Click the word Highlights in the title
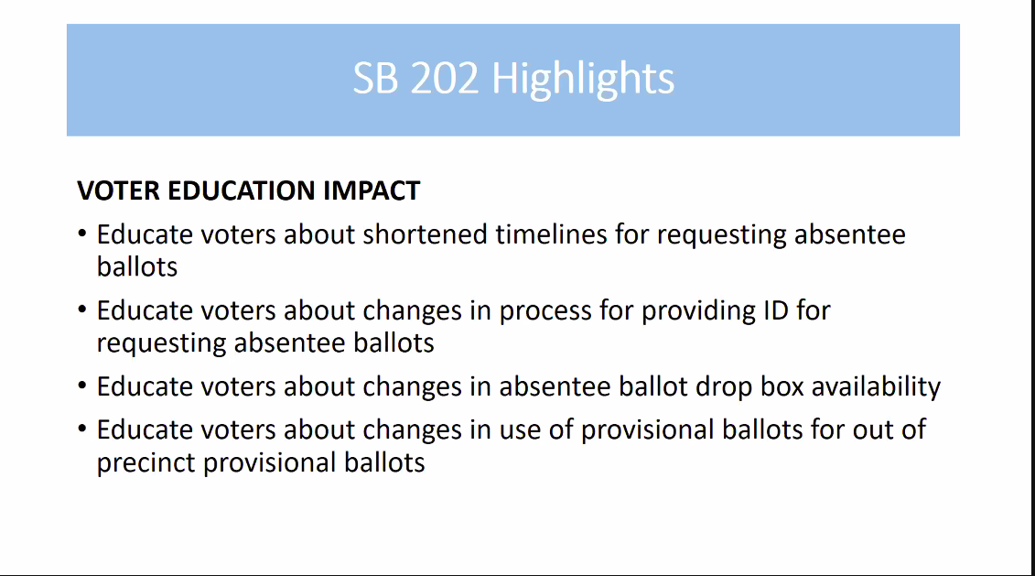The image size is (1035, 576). pyautogui.click(x=583, y=80)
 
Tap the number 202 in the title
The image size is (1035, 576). pyautogui.click(x=444, y=78)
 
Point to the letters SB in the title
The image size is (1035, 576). pyautogui.click(x=376, y=78)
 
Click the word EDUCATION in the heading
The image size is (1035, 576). pyautogui.click(x=242, y=190)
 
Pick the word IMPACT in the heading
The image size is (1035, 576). pyautogui.click(x=372, y=190)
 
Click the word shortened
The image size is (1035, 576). pyautogui.click(x=426, y=234)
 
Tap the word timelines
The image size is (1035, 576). pyautogui.click(x=551, y=234)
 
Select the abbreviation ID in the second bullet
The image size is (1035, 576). pyautogui.click(x=776, y=310)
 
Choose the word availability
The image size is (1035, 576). pyautogui.click(x=876, y=387)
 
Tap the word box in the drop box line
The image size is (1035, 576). pyautogui.click(x=782, y=386)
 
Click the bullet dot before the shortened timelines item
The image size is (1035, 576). pyautogui.click(x=81, y=233)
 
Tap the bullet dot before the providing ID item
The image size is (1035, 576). pyautogui.click(x=81, y=309)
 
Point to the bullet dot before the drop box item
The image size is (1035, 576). pyautogui.click(x=81, y=385)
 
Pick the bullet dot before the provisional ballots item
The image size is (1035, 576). pyautogui.click(x=81, y=428)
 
